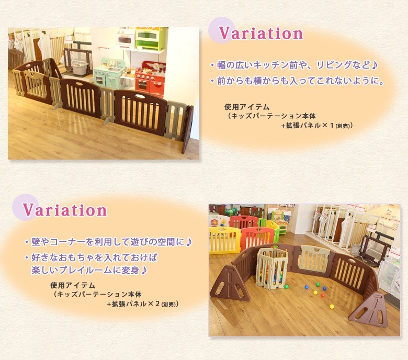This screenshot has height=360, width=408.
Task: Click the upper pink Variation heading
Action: [x=261, y=33]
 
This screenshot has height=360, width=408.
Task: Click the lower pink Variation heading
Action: [x=65, y=210]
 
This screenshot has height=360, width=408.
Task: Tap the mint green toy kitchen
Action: [x=106, y=73]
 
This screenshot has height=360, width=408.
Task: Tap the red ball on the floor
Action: [x=323, y=295]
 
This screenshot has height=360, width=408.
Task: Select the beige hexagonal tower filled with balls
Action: [x=272, y=268]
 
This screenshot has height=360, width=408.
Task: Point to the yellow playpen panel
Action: [x=225, y=240]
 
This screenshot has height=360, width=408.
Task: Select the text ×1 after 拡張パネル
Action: [x=328, y=126]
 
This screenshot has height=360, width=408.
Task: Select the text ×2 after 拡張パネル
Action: [x=153, y=304]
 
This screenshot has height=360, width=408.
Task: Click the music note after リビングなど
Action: [x=373, y=65]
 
